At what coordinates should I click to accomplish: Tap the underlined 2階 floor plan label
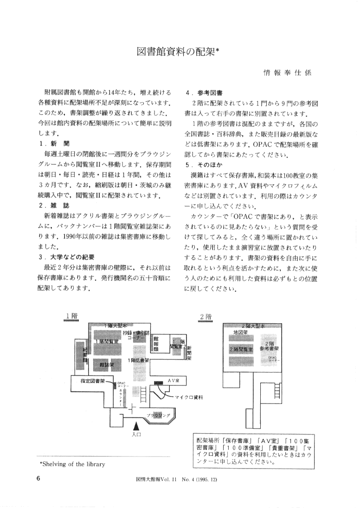206,316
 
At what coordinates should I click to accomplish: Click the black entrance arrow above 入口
136,424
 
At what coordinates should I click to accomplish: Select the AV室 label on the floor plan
173,380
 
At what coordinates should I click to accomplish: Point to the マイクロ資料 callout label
188,397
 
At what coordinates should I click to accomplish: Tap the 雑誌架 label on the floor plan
107,365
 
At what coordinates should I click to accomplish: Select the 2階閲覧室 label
240,348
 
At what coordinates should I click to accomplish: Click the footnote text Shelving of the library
72,463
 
